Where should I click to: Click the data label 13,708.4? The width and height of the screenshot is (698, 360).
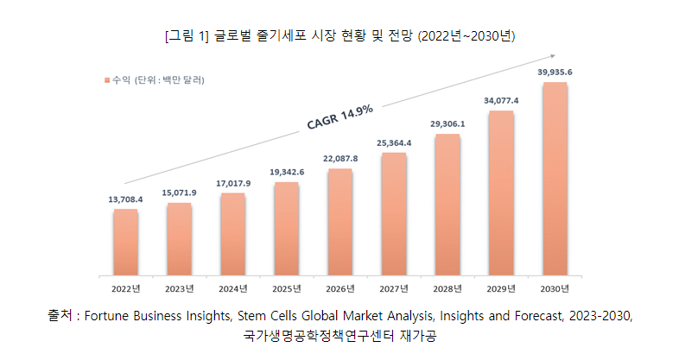pos(125,199)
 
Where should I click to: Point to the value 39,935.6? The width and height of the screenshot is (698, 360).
pos(555,73)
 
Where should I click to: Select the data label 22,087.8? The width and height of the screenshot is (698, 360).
pos(340,159)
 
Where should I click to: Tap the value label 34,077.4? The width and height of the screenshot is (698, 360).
pos(501,101)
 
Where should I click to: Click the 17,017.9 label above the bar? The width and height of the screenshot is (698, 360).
pos(233,183)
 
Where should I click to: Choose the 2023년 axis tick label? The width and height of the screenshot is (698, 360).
pos(180,288)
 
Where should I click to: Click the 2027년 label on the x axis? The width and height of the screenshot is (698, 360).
pos(394,288)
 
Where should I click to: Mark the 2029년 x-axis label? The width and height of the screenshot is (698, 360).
pos(501,288)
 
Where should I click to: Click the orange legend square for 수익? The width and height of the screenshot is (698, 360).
pos(107,80)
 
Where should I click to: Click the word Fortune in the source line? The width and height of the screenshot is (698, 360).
pos(109,316)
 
